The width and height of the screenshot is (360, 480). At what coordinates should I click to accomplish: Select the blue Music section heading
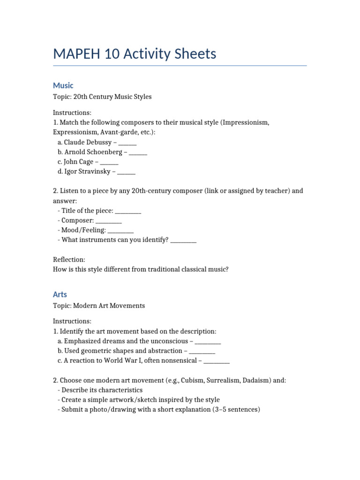tap(63, 85)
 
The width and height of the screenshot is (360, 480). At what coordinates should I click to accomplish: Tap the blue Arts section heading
tap(60, 294)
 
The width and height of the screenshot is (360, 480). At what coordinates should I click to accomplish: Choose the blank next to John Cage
tap(109, 162)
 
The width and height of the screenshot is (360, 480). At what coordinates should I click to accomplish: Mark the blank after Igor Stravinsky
tap(126, 172)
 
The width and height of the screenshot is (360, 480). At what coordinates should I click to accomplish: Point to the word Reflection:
tap(69, 260)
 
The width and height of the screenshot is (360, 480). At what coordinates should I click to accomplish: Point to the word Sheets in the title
tap(195, 54)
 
